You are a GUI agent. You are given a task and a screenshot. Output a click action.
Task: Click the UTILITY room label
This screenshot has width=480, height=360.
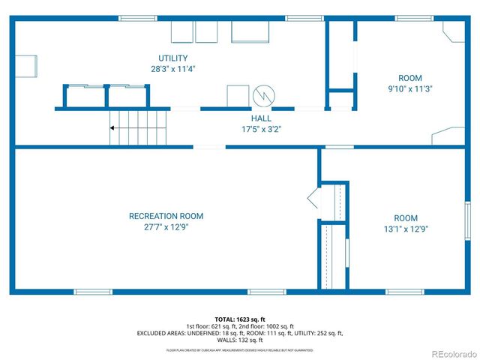click(x=172, y=58)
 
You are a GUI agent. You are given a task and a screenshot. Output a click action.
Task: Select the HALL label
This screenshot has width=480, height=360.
click(x=261, y=118)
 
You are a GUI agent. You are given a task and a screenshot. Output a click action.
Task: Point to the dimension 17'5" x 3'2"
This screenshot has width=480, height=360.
click(x=261, y=129)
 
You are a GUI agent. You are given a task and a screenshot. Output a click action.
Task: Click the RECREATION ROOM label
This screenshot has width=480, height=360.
click(x=166, y=216)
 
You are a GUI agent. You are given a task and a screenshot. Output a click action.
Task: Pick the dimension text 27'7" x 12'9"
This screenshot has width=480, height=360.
click(x=166, y=226)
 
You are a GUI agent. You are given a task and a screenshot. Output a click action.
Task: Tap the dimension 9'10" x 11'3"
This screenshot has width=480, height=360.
click(x=410, y=88)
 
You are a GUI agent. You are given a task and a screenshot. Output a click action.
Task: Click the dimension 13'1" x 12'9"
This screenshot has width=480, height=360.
click(x=406, y=229)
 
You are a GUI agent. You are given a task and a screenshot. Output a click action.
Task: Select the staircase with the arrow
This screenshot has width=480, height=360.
click(x=138, y=127)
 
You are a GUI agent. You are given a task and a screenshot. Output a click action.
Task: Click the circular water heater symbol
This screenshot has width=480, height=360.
click(x=265, y=95)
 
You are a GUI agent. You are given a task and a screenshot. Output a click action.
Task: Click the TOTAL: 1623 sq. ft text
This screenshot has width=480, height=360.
click(x=240, y=319)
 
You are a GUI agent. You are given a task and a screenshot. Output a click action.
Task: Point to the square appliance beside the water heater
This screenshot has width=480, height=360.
click(x=238, y=97)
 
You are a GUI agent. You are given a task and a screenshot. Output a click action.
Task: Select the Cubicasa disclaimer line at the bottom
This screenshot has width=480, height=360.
click(x=240, y=350)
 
